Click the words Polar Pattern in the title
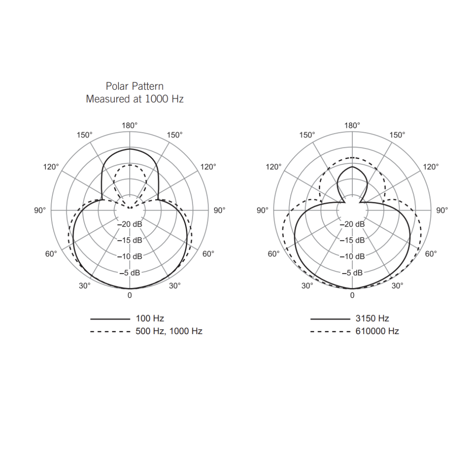[x=134, y=86]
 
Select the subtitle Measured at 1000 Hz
[x=134, y=99]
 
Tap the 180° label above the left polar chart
[x=130, y=126]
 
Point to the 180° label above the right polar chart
[x=352, y=126]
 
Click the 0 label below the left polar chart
[x=130, y=296]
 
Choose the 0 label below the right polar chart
[x=352, y=296]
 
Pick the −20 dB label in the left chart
[x=130, y=224]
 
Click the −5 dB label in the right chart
[x=352, y=273]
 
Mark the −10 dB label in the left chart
[x=130, y=257]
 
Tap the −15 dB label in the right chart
[x=352, y=240]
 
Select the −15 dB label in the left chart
[x=130, y=240]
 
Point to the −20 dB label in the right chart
[x=352, y=224]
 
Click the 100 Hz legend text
[x=150, y=318]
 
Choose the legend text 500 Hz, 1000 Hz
[x=169, y=331]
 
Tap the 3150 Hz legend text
[x=372, y=318]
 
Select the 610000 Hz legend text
[x=377, y=331]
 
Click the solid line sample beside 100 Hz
[x=110, y=319]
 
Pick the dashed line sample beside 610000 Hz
[x=330, y=332]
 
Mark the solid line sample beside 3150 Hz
[x=330, y=319]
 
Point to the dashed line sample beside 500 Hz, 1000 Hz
[x=110, y=332]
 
